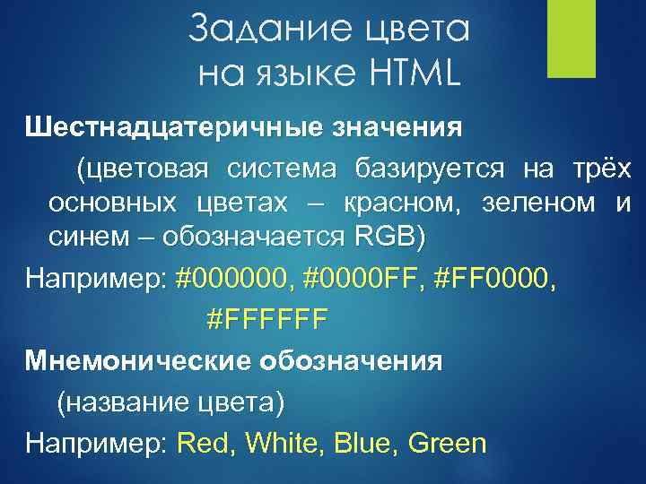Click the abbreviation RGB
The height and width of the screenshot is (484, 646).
(x=385, y=238)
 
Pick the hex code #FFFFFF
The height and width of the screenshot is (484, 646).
(x=267, y=317)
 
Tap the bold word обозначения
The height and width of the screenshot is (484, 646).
(x=353, y=361)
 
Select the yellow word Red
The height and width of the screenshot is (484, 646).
(x=202, y=443)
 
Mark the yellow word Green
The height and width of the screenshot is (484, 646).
(x=446, y=443)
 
